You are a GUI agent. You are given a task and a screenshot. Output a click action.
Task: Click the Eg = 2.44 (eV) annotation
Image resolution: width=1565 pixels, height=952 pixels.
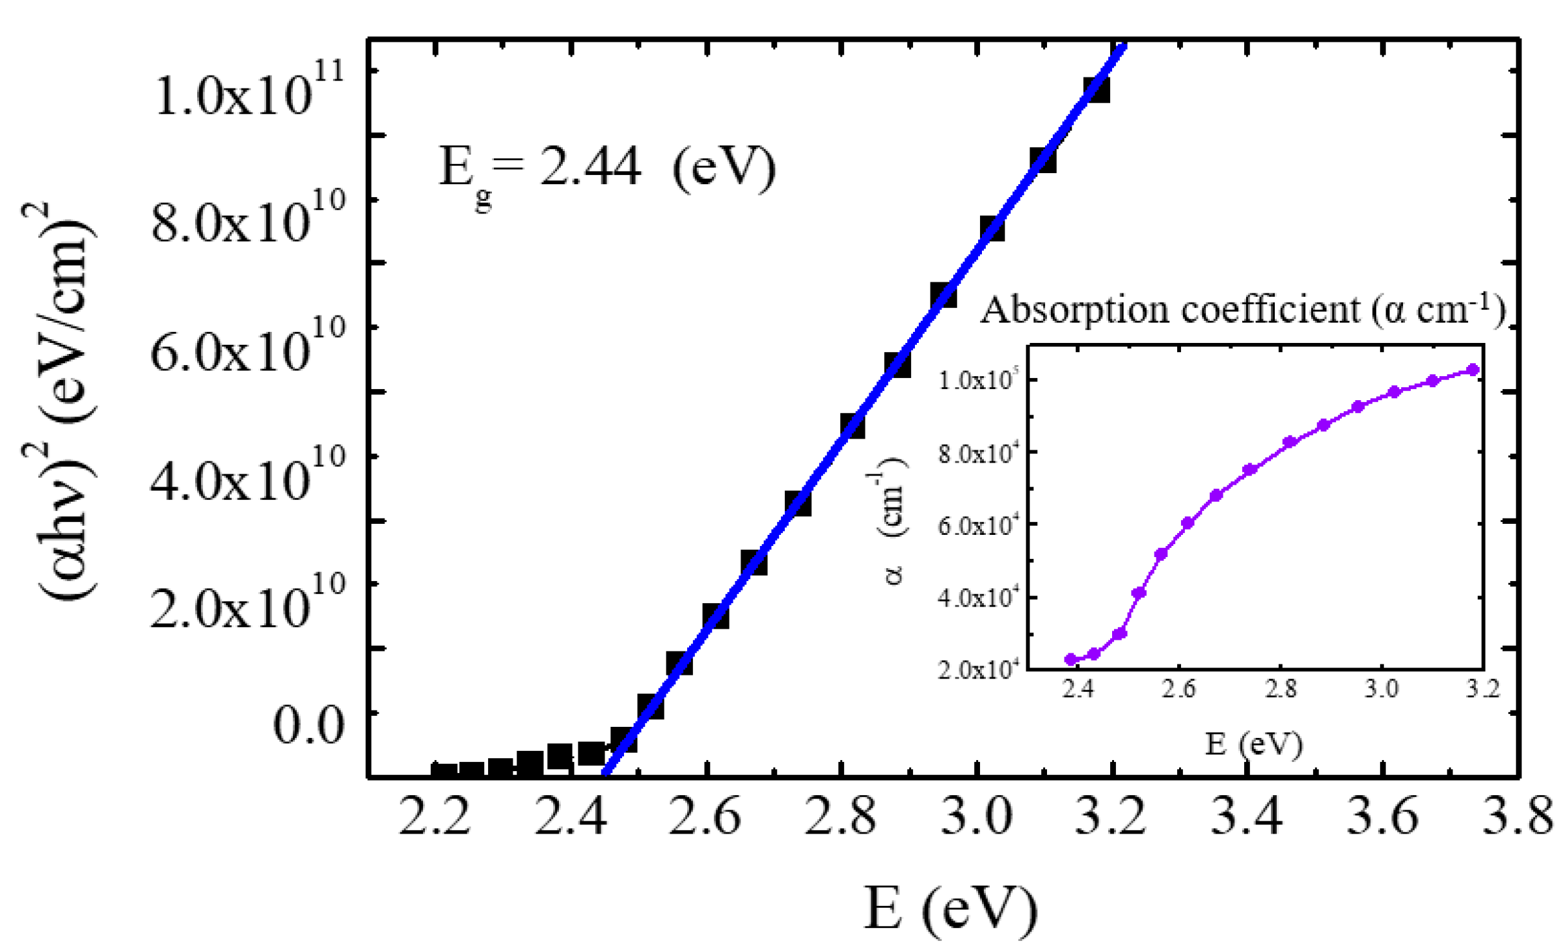click(x=607, y=170)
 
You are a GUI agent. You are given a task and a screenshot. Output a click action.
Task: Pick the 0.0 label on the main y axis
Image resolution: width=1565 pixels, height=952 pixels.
click(x=308, y=725)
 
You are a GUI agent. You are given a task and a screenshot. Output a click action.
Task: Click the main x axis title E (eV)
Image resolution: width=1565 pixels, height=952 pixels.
click(x=950, y=908)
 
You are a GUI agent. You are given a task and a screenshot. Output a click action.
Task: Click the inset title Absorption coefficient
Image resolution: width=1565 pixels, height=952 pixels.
click(x=1243, y=308)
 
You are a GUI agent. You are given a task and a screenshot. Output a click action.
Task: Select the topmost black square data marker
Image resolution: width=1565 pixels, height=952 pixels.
click(x=1096, y=90)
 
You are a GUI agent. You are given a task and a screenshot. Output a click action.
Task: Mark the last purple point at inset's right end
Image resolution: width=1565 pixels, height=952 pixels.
click(x=1474, y=370)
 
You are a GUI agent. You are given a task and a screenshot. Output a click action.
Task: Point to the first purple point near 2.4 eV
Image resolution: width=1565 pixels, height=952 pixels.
click(x=1070, y=659)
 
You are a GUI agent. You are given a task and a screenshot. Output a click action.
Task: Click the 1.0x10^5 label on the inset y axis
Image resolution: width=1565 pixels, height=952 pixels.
click(x=976, y=380)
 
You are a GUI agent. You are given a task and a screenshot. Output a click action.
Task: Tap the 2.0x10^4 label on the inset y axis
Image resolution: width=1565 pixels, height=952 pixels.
click(x=976, y=668)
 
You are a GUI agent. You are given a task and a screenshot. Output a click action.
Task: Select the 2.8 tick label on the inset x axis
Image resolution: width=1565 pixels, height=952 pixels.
click(x=1280, y=688)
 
